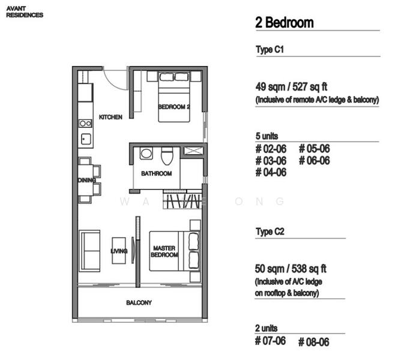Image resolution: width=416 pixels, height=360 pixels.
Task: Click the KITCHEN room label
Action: pos(110,117)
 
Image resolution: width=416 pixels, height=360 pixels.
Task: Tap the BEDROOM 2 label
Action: pos(173,107)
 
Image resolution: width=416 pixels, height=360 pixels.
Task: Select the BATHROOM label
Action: pos(156,173)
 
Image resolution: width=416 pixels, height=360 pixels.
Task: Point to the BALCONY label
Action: pos(139,302)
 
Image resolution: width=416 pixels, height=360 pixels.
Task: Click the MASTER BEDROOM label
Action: pos(164,251)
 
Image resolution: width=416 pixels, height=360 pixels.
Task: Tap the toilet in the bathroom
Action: pos(167,155)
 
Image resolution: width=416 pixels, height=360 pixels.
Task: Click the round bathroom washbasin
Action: pos(146,153)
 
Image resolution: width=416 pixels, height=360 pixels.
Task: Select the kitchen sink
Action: pos(86,139)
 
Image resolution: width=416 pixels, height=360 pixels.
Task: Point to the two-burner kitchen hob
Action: pos(85,123)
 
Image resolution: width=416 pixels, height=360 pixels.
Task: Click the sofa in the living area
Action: pos(89,251)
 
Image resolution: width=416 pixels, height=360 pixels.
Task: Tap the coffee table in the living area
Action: pos(119,251)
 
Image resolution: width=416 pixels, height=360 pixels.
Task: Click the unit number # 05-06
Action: pos(315,148)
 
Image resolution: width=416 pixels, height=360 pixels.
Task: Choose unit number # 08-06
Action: pos(313,342)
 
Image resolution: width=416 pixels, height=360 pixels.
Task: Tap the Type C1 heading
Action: pos(270,50)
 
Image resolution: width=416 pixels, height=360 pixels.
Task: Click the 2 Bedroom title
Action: pos(285,23)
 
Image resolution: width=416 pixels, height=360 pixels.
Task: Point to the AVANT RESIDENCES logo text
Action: pos(25,12)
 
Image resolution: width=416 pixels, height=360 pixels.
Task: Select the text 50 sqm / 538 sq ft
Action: pos(291,269)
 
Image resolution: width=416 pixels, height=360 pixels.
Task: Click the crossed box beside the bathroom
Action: pos(193,151)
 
